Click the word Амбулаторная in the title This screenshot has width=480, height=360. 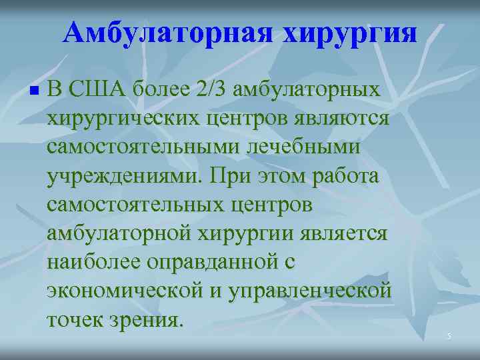click(167, 33)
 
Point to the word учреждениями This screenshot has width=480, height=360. click(125, 177)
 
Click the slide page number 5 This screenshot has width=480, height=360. click(449, 337)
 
